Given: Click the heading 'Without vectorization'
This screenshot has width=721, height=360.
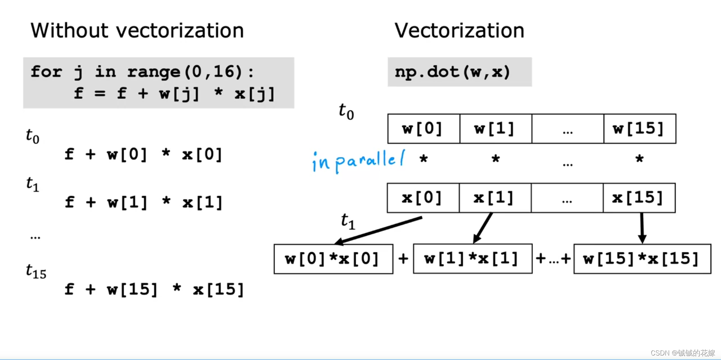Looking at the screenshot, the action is point(137,30).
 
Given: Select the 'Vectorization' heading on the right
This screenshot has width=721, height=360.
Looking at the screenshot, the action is point(459,30).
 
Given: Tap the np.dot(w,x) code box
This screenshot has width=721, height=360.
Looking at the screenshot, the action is point(460,72).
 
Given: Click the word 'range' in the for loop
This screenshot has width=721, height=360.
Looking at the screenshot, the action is point(154,72).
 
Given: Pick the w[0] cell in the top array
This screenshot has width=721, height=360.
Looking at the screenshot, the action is point(424,129).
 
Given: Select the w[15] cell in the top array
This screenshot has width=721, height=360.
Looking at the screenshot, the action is point(640,129).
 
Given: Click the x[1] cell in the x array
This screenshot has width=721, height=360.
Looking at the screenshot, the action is point(495,198).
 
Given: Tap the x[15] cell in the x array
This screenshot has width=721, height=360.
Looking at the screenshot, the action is point(639,198).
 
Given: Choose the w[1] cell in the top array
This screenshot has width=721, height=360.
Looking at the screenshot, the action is point(496,129).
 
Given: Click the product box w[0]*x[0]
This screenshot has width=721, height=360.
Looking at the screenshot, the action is point(333,259).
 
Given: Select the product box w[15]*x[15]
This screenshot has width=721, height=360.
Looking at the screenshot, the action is point(642,259).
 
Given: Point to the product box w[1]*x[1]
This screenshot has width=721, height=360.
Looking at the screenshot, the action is point(473,259).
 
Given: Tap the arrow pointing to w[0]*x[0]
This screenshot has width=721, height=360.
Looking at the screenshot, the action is point(378,230).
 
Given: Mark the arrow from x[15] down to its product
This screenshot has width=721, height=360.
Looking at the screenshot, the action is point(642,228).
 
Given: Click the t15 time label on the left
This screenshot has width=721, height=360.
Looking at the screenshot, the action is point(36,271).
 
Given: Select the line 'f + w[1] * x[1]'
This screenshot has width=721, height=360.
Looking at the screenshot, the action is point(144,203).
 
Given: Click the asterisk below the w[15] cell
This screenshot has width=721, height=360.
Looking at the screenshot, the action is point(640,159).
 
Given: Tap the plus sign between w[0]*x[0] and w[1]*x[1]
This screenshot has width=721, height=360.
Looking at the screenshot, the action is point(403,259).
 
